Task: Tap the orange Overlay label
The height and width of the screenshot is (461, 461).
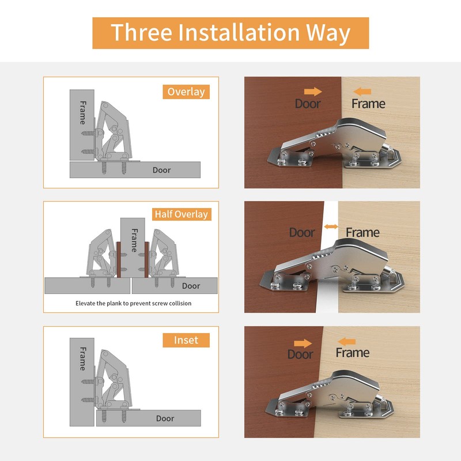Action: click(185, 92)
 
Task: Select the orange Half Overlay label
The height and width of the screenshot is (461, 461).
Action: click(181, 214)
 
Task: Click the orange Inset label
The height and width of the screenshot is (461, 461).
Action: click(186, 340)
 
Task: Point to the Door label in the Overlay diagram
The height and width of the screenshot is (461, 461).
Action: click(161, 170)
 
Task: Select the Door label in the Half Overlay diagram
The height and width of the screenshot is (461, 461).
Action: click(191, 286)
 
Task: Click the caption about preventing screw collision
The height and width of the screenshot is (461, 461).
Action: click(133, 303)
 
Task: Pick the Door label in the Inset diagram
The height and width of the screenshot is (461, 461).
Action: click(165, 418)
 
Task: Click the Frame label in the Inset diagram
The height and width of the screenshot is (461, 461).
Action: click(82, 358)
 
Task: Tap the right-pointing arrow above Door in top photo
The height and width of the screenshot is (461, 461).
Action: click(312, 91)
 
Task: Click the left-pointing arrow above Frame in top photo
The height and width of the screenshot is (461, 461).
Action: click(362, 91)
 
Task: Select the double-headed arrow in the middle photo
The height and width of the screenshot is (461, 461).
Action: click(331, 227)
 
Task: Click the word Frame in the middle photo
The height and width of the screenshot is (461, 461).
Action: click(362, 233)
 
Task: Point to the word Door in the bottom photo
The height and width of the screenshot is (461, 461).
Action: click(300, 354)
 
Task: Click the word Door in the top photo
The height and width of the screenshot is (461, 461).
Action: click(308, 104)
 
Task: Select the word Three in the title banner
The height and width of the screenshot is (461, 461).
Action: click(136, 33)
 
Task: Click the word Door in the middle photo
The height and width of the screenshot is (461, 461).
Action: click(302, 233)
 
